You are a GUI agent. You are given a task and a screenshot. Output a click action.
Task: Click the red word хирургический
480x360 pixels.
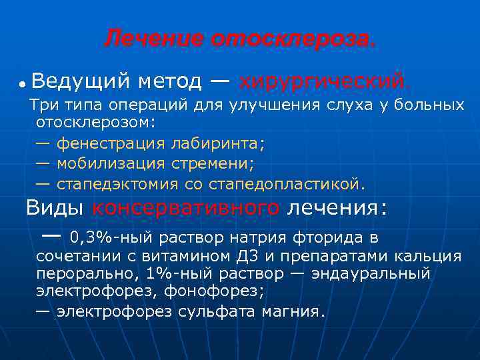coord(321,82)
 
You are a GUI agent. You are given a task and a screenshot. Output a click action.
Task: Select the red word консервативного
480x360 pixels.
coord(185,208)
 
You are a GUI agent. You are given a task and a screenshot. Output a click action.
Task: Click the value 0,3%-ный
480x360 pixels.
coord(105,237)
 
